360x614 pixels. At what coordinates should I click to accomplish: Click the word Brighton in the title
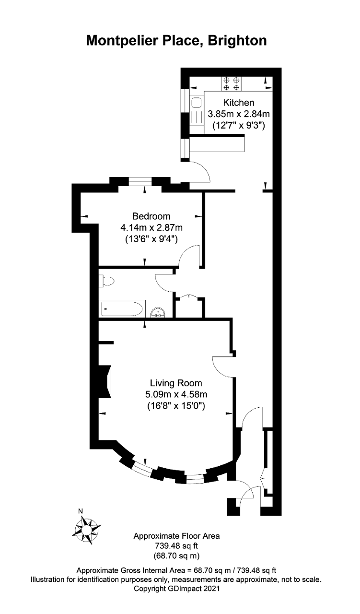[x=237, y=41]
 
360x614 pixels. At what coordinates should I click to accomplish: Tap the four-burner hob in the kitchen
[x=232, y=84]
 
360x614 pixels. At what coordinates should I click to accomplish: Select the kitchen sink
[x=197, y=103]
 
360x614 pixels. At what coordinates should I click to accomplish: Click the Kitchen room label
[x=239, y=103]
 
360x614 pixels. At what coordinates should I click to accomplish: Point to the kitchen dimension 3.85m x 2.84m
[x=239, y=114]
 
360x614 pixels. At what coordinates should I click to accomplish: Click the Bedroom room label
[x=151, y=216]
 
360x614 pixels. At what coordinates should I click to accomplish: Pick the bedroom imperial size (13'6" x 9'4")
[x=151, y=239]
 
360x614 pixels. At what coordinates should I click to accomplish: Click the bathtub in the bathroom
[x=122, y=308]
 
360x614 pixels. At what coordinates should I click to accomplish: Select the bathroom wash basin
[x=158, y=312]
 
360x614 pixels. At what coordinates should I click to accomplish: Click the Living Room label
[x=176, y=383]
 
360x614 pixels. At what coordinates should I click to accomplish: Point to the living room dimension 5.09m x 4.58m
[x=176, y=394]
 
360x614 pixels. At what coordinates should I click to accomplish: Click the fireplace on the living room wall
[x=105, y=381]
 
